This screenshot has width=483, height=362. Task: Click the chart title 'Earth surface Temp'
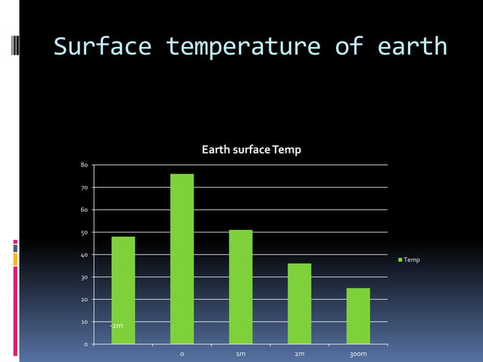[x=251, y=150]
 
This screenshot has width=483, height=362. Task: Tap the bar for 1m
[x=241, y=287]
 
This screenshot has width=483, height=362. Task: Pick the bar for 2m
[x=299, y=304]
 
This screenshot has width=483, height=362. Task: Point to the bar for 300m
[x=358, y=316]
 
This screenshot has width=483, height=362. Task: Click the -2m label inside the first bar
[x=117, y=326]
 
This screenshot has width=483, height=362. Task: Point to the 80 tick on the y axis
[x=84, y=164]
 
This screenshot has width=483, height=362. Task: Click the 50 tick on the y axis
[x=84, y=232]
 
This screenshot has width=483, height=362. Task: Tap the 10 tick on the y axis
[x=84, y=323]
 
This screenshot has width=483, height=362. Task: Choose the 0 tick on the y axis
[x=86, y=345]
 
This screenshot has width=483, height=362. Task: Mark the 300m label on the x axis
[x=358, y=354]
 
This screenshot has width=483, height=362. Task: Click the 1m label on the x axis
[x=241, y=354]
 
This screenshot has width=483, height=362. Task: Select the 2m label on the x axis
[x=299, y=354]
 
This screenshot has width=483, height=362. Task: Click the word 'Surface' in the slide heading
[x=102, y=47]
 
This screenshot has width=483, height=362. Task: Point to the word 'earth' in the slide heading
[x=410, y=47]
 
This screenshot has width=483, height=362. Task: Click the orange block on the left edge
[x=15, y=259]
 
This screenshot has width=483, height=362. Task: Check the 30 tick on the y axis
[x=84, y=278]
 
